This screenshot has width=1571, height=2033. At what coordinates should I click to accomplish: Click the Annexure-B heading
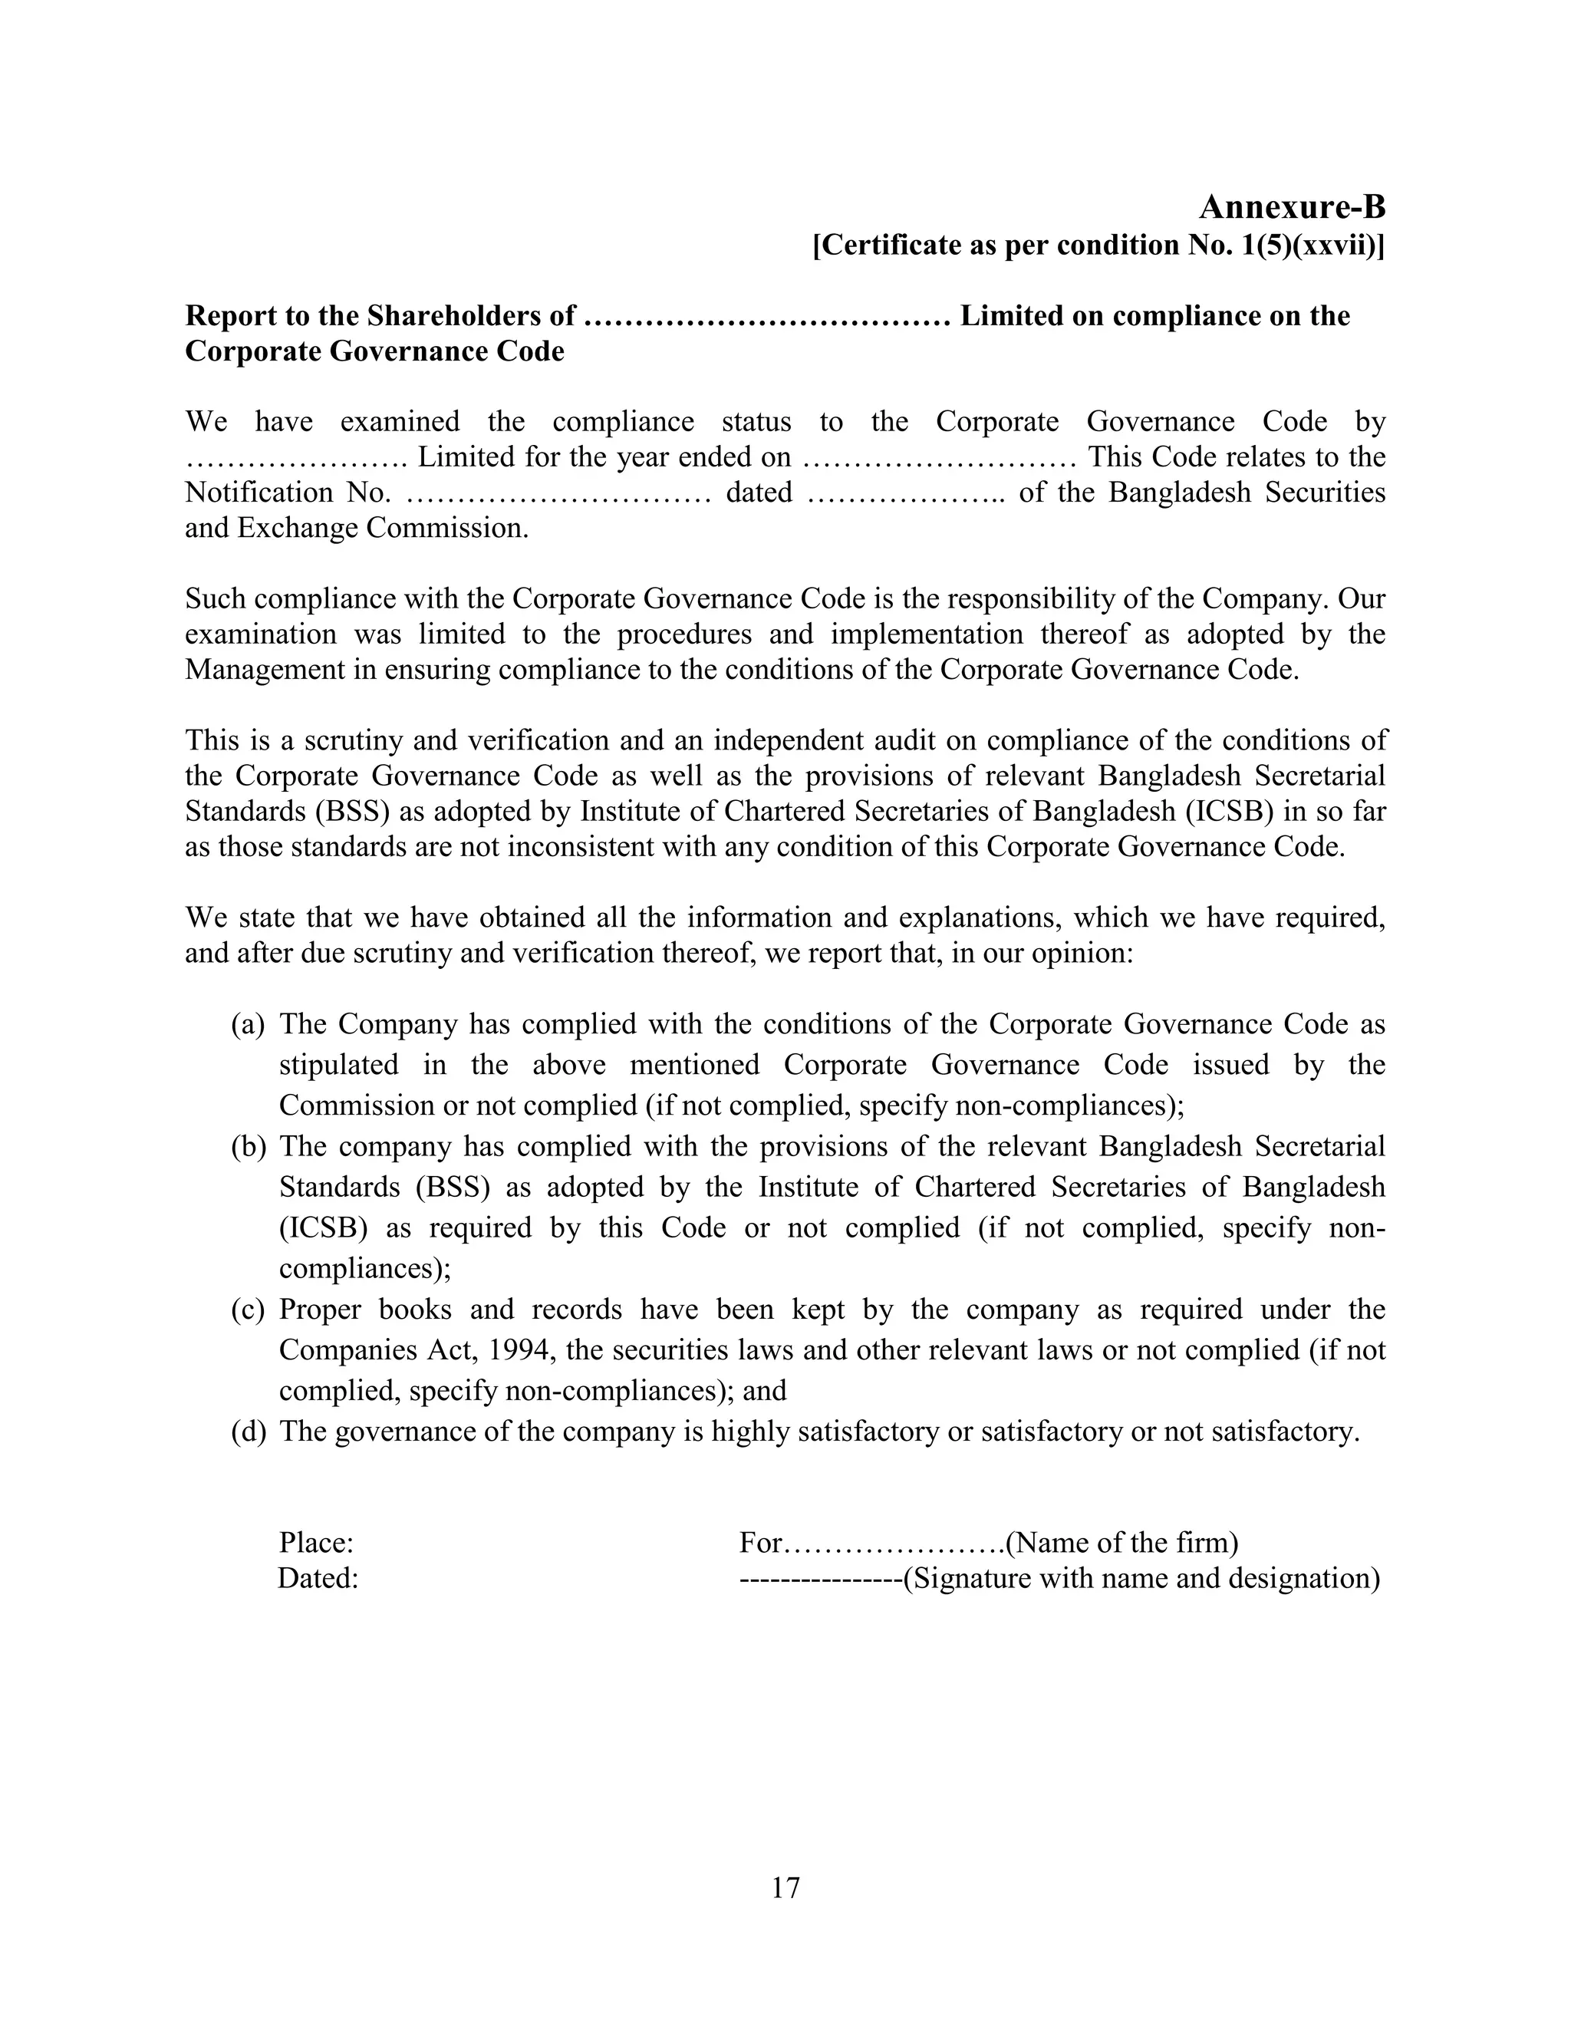pos(1292,206)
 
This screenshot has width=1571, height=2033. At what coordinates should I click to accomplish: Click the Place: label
pos(317,1544)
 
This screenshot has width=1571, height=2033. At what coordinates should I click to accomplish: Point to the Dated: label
pos(318,1579)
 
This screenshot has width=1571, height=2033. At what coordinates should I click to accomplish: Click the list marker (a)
pos(249,1025)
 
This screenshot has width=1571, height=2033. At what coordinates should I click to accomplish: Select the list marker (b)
pos(249,1147)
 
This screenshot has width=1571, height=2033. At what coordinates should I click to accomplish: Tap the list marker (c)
pos(249,1310)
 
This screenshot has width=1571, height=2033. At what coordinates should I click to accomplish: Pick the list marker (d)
pos(249,1432)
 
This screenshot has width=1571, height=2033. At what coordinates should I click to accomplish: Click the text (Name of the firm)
pos(1121,1544)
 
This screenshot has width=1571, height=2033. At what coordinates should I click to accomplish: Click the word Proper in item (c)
pos(319,1310)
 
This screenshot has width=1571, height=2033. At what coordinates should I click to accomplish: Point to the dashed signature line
pos(820,1580)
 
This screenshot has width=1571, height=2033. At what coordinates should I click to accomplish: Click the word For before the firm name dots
pos(761,1544)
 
